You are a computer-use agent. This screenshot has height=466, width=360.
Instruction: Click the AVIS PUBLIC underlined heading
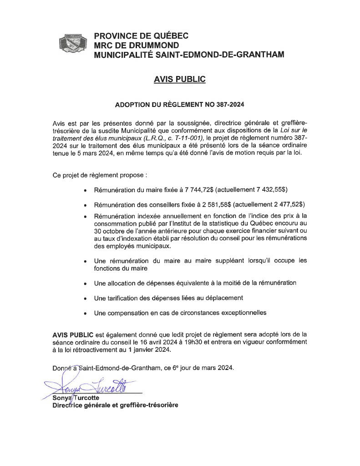(x=180, y=80)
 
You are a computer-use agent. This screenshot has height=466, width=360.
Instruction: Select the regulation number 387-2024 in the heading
(x=228, y=104)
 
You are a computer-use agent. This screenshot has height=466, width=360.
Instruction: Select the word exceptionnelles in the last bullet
(x=240, y=313)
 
